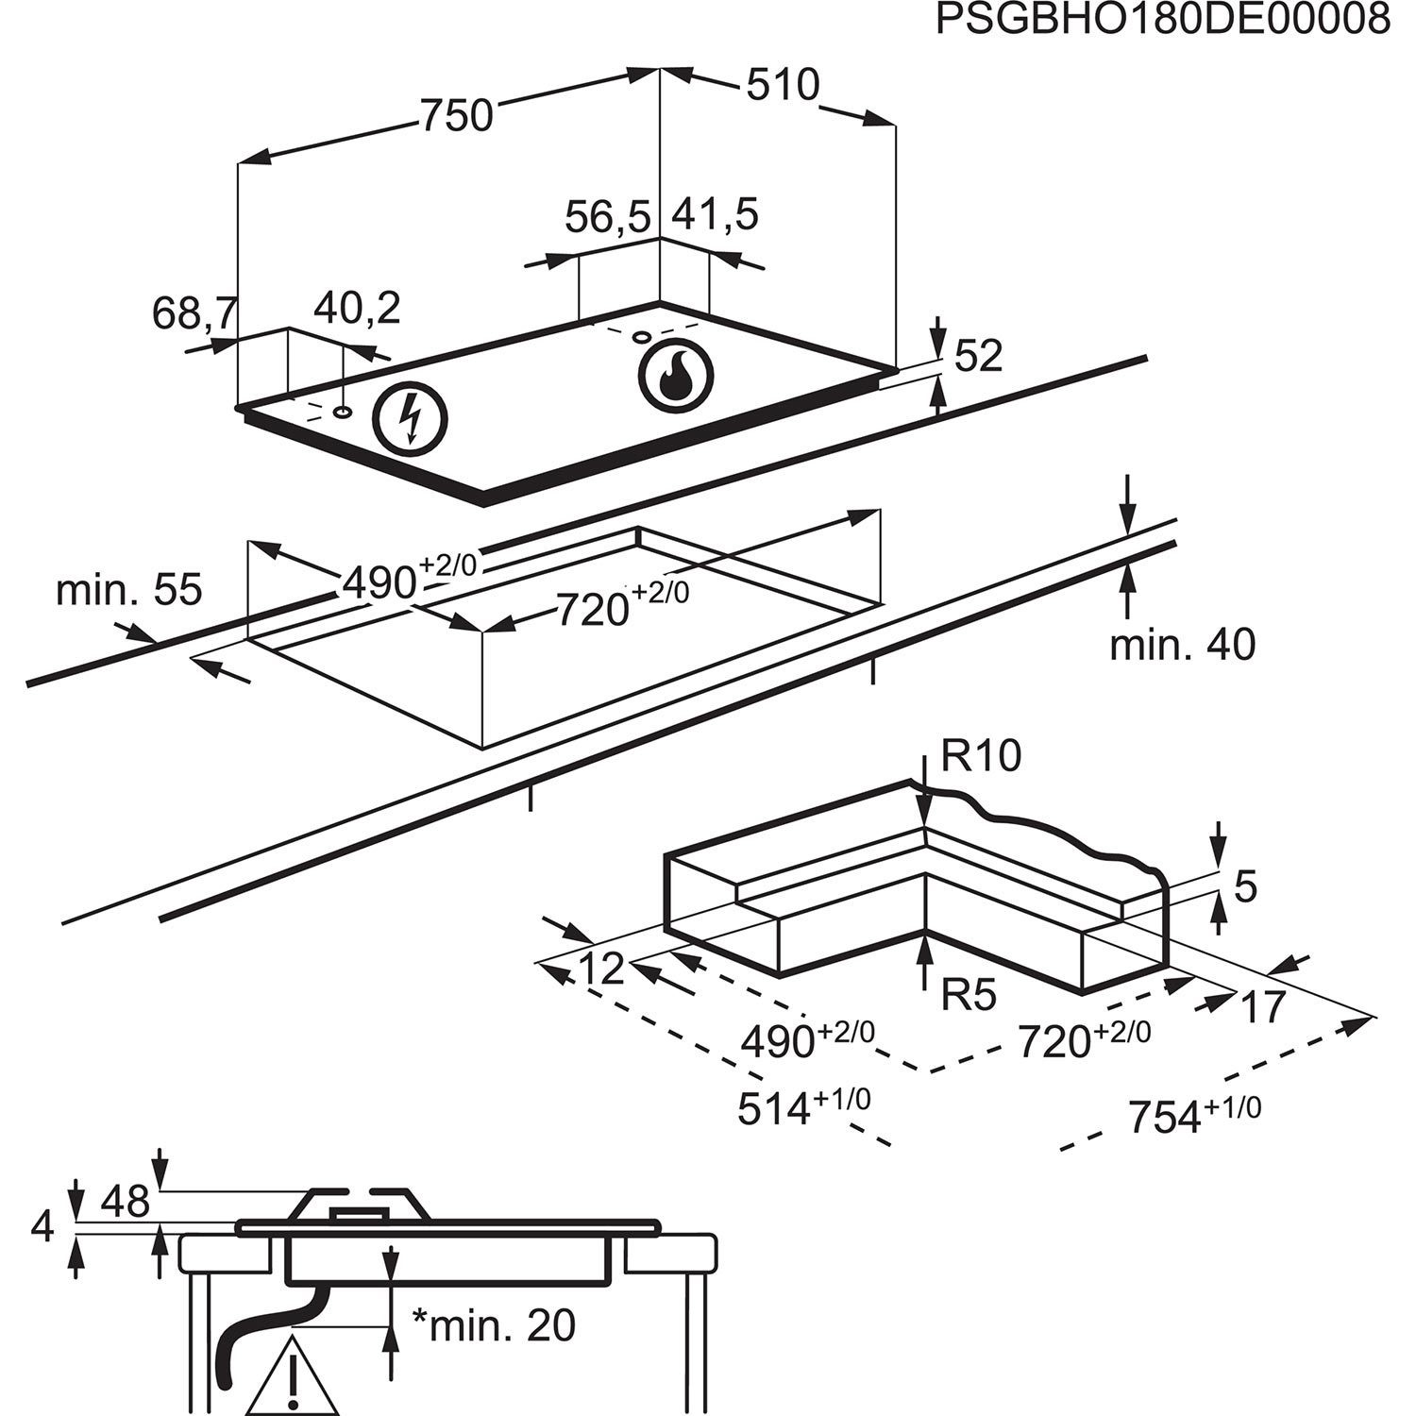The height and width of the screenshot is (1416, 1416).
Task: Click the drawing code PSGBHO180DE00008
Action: (x=1162, y=21)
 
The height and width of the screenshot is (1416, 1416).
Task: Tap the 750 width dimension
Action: (x=457, y=115)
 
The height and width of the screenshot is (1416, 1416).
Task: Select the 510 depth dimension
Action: (x=783, y=86)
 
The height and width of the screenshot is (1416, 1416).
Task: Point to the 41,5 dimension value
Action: (x=715, y=215)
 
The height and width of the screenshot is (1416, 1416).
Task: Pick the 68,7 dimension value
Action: (x=194, y=313)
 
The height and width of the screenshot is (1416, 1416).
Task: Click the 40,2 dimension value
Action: (x=357, y=309)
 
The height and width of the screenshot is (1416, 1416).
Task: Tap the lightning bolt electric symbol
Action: (x=411, y=419)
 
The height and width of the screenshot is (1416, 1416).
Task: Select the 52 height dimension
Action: (x=978, y=356)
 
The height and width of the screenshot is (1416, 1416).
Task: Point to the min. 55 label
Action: (x=129, y=590)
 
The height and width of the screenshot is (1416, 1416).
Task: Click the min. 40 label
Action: (x=1183, y=645)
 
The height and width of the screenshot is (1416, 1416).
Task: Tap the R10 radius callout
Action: (x=981, y=757)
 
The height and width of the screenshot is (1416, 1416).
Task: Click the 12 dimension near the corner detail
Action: (x=601, y=969)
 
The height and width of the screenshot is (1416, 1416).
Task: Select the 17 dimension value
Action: (x=1263, y=1007)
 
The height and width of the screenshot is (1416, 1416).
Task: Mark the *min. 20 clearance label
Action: (x=495, y=1326)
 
